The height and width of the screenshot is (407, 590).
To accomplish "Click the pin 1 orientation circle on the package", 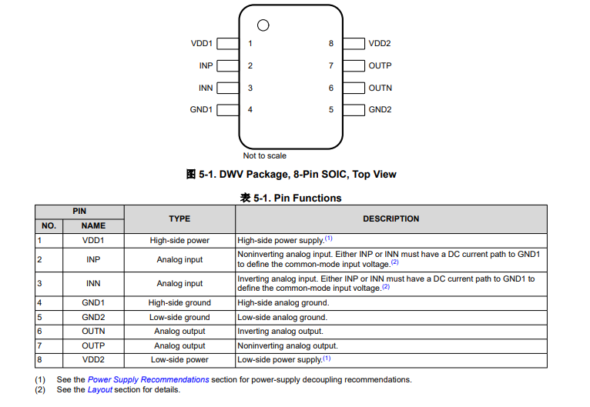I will click(263, 25).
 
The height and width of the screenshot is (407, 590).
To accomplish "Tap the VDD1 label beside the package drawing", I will click(202, 44).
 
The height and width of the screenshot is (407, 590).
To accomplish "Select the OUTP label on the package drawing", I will click(380, 66).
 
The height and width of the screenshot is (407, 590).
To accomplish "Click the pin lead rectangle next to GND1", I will click(227, 110).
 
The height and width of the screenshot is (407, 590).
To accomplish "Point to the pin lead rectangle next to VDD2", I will click(354, 44).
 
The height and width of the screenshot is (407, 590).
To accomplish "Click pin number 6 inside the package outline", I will click(331, 88).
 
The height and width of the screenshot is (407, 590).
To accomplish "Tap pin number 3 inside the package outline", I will click(250, 88).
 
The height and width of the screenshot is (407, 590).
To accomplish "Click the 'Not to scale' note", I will click(265, 155).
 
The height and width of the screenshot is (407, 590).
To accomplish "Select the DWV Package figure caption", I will click(292, 175).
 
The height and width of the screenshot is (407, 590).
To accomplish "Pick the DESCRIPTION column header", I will click(391, 219).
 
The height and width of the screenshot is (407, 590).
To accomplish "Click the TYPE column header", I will click(179, 219).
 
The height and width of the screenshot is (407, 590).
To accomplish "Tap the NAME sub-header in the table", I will click(93, 226).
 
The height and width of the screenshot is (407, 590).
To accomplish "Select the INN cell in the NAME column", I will click(93, 283).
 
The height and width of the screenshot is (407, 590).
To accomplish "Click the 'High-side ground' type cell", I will click(179, 303).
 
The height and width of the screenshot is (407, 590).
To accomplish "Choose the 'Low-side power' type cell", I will click(179, 360).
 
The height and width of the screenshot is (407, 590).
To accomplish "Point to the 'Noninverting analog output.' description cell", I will click(287, 346).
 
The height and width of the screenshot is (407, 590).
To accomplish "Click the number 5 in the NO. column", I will click(39, 317).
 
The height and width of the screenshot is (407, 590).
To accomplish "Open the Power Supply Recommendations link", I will click(148, 379).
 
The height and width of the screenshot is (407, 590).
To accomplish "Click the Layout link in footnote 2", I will click(100, 389).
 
